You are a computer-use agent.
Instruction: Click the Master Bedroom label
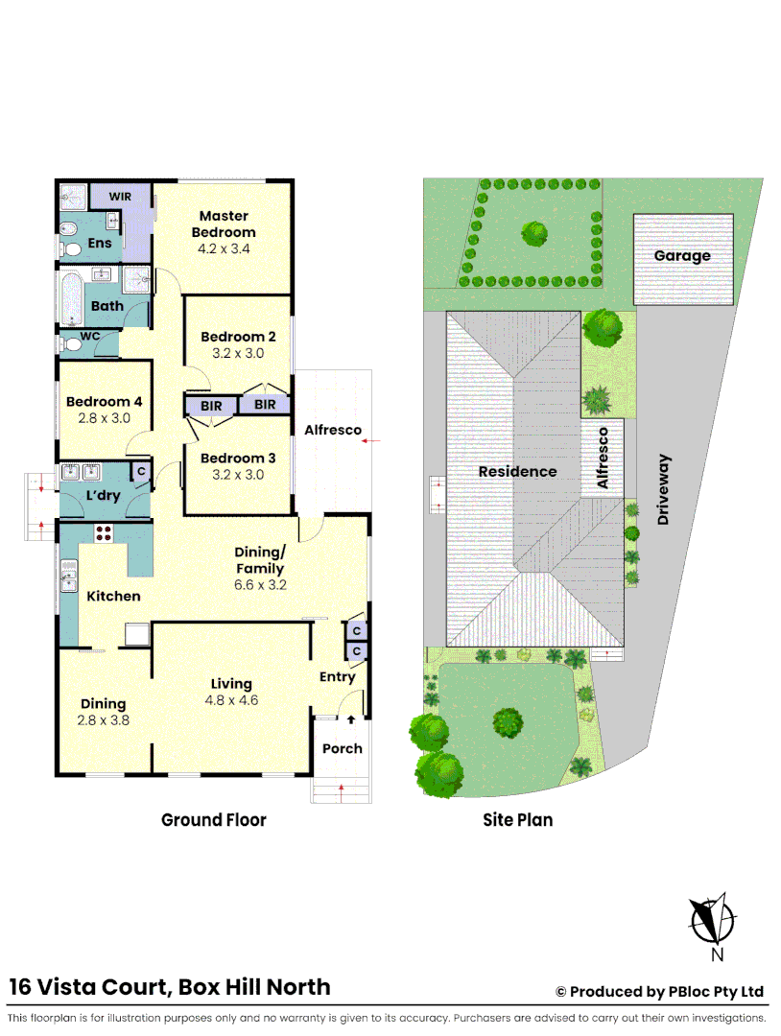pyautogui.click(x=224, y=224)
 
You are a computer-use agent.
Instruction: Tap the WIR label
pyautogui.click(x=120, y=196)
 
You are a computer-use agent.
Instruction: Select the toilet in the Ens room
pyautogui.click(x=69, y=231)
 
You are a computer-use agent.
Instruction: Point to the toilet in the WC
pyautogui.click(x=70, y=343)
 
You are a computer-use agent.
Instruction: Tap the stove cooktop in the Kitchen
pyautogui.click(x=104, y=534)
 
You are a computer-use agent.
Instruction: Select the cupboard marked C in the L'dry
pyautogui.click(x=140, y=471)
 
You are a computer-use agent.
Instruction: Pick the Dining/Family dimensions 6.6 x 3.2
pyautogui.click(x=261, y=583)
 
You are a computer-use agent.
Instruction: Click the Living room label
pyautogui.click(x=231, y=684)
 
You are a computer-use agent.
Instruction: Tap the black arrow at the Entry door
pyautogui.click(x=351, y=718)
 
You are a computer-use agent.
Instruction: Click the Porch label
pyautogui.click(x=343, y=748)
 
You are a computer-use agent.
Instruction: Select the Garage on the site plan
pyautogui.click(x=682, y=256)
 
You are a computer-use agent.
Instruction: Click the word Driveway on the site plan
pyautogui.click(x=663, y=488)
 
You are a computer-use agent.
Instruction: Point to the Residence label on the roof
pyautogui.click(x=517, y=471)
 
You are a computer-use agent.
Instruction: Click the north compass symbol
pyautogui.click(x=713, y=919)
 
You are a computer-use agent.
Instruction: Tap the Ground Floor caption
pyautogui.click(x=213, y=819)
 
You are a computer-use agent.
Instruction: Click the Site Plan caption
pyautogui.click(x=517, y=819)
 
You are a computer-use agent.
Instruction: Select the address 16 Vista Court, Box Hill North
pyautogui.click(x=170, y=986)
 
